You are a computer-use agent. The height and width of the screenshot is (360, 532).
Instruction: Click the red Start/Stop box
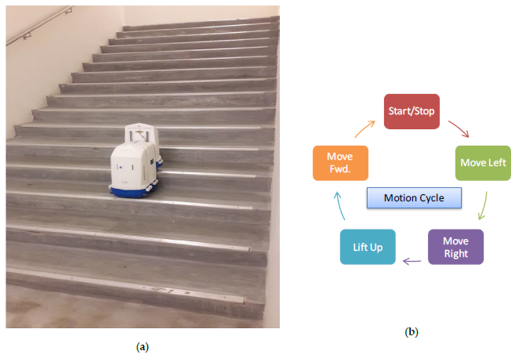412,111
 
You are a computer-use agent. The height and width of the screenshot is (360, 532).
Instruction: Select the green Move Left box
483,163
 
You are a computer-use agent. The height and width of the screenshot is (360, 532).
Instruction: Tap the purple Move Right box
456,247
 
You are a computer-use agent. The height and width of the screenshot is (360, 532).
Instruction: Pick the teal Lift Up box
368,247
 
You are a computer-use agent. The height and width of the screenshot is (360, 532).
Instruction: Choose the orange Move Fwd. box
340,163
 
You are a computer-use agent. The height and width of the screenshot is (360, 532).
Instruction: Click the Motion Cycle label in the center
414,198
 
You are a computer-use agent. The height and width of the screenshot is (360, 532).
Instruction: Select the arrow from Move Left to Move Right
484,206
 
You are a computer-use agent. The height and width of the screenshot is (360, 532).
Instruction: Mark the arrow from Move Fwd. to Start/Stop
363,129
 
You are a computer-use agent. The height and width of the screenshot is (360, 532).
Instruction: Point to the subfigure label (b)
411,332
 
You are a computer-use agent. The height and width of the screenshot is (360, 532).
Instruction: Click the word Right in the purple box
456,253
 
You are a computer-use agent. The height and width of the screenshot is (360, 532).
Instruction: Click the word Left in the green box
496,163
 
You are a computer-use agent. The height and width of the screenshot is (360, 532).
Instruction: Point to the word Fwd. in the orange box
340,168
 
